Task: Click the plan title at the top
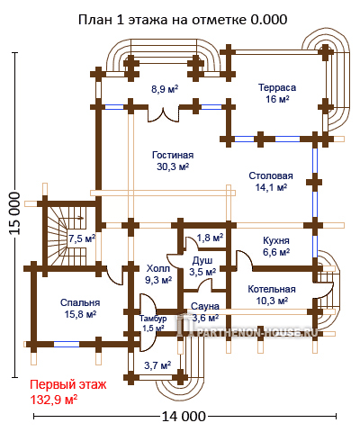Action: [x=183, y=20]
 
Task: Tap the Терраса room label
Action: [x=277, y=87]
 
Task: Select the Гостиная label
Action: [x=173, y=155]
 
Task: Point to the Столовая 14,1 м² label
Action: [x=271, y=181]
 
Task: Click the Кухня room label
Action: [x=276, y=240]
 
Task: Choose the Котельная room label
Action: [x=272, y=289]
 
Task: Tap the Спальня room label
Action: [x=80, y=302]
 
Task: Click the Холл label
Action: [x=158, y=268]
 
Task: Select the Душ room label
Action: [x=202, y=260]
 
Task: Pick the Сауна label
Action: [x=205, y=306]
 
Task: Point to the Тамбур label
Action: [x=153, y=319]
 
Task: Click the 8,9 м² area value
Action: [x=165, y=89]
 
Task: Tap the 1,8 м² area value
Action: [x=210, y=238]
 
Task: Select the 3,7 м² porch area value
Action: [x=157, y=365]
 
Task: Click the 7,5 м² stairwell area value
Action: [x=82, y=238]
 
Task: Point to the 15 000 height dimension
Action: [x=14, y=213]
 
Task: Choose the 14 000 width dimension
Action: [x=184, y=417]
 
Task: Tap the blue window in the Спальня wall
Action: [x=67, y=344]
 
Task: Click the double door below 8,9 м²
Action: [x=164, y=115]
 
